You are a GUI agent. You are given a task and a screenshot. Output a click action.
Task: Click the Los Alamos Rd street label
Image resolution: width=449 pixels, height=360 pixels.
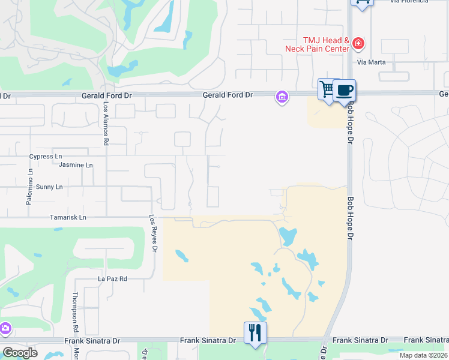pos(106,123)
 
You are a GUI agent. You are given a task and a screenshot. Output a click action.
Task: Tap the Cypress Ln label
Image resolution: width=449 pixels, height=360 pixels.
pos(46,157)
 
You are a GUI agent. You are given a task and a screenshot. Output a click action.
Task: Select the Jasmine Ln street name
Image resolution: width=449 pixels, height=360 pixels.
pos(76,165)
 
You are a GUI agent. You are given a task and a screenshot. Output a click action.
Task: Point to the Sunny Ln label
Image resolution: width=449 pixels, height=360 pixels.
pos(49,187)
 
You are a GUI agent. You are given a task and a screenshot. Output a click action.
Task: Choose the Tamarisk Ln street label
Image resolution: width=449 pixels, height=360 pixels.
pos(68,217)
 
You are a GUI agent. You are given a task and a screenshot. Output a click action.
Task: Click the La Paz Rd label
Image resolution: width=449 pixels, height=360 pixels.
pos(112,279)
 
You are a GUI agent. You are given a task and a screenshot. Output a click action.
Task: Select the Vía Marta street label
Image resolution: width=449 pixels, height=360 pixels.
pos(370,62)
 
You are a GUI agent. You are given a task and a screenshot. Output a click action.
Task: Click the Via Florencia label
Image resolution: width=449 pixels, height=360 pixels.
pos(409,2)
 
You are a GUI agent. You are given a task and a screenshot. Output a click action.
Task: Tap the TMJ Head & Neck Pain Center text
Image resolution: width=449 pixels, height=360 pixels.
pos(319,44)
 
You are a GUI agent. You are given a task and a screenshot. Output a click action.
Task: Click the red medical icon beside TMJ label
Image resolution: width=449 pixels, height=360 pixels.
pos(358,43)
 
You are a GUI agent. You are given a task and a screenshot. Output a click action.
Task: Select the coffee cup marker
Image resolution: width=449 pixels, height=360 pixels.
pos(344,91)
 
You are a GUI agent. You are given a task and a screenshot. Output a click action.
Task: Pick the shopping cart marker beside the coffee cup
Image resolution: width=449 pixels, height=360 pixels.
pos(327,90)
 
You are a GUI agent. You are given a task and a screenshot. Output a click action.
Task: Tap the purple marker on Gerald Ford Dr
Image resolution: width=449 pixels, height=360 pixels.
pos(282,97)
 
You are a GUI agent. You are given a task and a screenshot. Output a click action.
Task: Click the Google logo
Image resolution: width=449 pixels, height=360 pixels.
pos(20,353)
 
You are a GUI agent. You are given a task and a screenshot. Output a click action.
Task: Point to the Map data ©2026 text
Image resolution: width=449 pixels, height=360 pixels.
pos(423,355)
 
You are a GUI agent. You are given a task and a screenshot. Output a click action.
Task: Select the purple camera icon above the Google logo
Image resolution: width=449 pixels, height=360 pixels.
pos(5,328)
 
